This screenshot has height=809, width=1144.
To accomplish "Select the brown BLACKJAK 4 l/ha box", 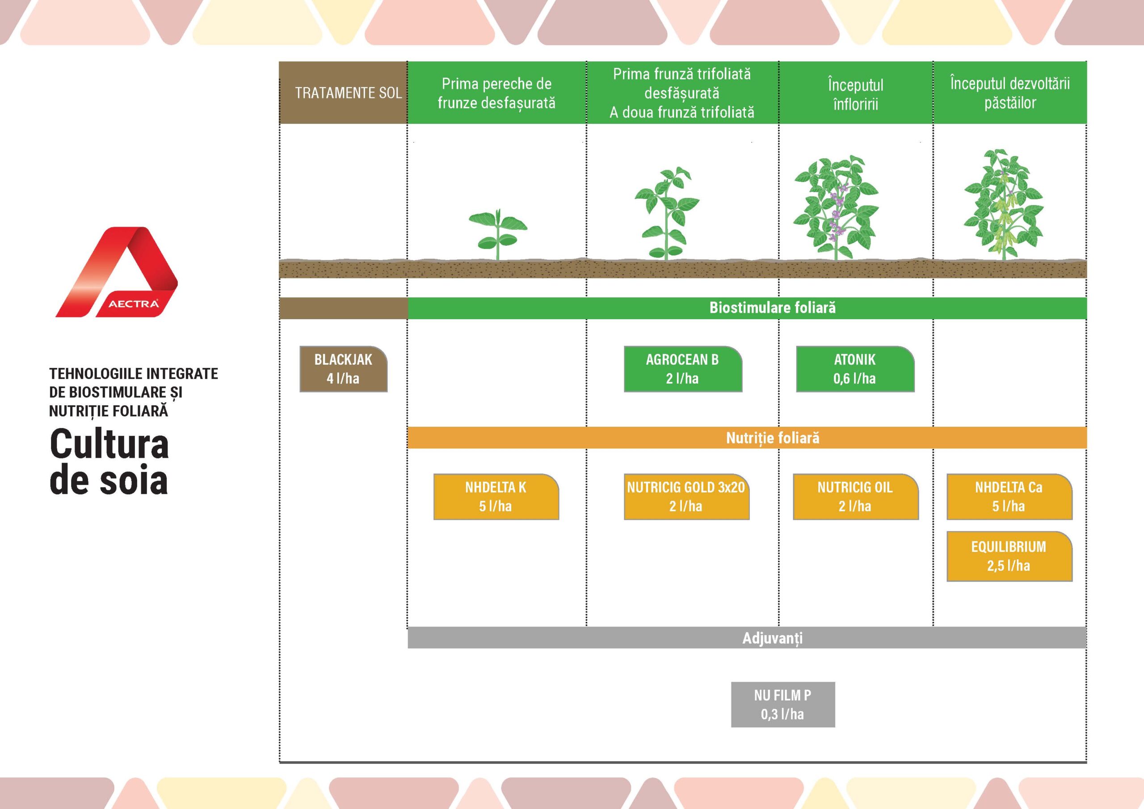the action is [343, 369].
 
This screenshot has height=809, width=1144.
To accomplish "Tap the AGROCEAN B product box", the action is [683, 369].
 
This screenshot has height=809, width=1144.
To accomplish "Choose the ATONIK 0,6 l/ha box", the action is [855, 369].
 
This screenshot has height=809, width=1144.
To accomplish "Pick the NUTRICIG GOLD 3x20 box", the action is [686, 497].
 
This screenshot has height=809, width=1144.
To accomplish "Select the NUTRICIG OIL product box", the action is [855, 497].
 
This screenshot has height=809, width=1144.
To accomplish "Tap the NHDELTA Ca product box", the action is [1009, 497].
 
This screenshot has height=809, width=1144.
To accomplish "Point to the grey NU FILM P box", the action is [783, 704].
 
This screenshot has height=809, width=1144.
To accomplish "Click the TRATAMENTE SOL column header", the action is [348, 93].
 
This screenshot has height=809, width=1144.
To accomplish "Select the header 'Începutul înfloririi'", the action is [855, 94].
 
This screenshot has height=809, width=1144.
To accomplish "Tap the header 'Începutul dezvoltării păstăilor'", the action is [1010, 93].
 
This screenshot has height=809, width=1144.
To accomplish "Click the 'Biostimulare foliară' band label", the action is [772, 308].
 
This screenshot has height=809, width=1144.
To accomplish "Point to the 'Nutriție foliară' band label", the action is [772, 438].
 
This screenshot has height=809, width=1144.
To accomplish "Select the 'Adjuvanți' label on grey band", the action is [772, 638].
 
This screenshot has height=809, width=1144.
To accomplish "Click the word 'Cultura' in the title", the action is [109, 444].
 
